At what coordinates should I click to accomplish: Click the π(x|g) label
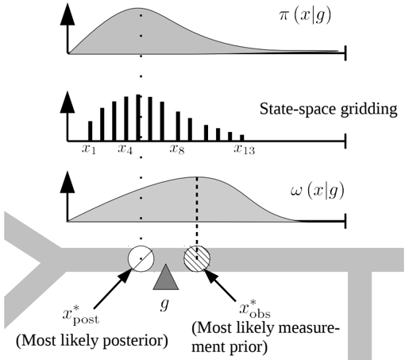pos(305,17)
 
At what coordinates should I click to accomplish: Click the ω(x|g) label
pos(318,192)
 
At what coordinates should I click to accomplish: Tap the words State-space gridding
pos(328,109)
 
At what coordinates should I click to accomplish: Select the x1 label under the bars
pos(89,149)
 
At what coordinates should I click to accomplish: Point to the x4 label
pos(125,149)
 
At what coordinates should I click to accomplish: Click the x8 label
pos(177,149)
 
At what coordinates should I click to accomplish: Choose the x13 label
pos(244,149)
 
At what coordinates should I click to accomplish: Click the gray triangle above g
pos(166,277)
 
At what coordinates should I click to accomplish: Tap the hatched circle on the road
pos(197,258)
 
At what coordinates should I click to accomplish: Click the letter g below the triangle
pos(164,304)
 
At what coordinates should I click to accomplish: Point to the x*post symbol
pos(81,315)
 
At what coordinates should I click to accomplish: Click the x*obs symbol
pos(255,309)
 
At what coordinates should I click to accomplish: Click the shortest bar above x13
pos(242,137)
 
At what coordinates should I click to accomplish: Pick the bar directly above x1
pos(91,131)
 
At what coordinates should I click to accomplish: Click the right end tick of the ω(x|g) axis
pos(345,221)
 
